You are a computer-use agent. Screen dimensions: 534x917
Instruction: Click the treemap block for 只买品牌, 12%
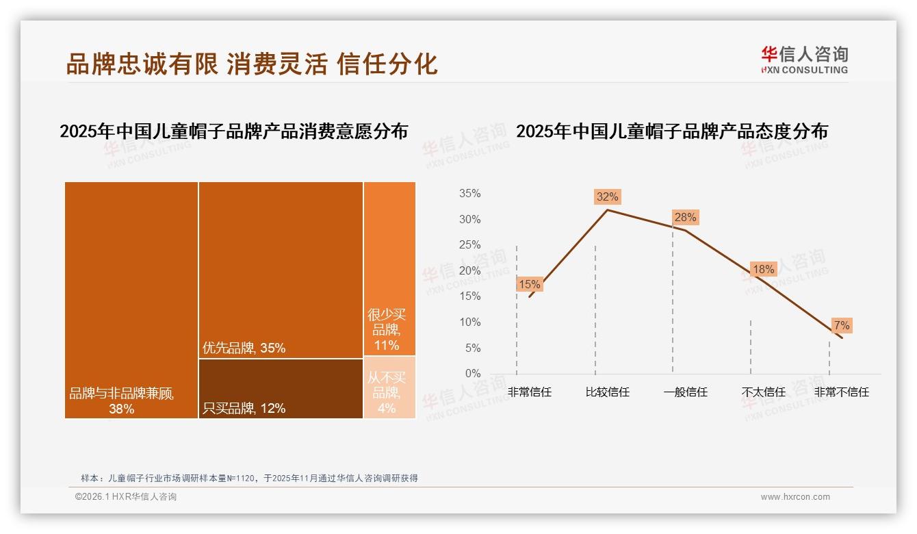(x=281, y=388)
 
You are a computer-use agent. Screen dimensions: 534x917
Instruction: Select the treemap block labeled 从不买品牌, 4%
(x=389, y=387)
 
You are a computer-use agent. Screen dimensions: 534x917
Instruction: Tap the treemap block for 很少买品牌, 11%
(x=389, y=268)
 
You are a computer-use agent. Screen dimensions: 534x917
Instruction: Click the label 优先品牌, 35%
(x=244, y=348)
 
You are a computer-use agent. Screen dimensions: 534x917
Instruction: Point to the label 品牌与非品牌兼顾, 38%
(x=122, y=401)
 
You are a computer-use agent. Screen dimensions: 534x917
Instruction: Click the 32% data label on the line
(x=607, y=197)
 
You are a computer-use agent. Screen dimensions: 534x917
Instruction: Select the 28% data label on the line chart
(x=685, y=218)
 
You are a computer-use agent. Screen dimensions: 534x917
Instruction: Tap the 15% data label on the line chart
(x=529, y=284)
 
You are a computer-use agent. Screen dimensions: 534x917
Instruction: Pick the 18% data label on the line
(x=763, y=270)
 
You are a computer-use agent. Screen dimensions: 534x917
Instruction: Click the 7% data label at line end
(x=841, y=325)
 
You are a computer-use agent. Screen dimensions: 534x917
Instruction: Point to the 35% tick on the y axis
(x=469, y=194)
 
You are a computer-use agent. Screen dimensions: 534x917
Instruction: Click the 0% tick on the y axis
(x=472, y=374)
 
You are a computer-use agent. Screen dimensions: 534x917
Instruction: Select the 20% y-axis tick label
(x=469, y=271)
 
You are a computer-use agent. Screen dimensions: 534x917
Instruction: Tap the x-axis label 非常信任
(x=529, y=392)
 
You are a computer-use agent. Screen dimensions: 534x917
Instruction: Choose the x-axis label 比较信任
(x=607, y=392)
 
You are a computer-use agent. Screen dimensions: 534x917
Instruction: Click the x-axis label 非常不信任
(x=841, y=392)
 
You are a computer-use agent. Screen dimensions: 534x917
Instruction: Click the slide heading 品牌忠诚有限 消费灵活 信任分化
(x=252, y=64)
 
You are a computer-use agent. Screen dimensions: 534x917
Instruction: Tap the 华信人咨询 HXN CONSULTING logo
(x=804, y=60)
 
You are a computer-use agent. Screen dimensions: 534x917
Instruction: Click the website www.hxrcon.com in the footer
(x=795, y=497)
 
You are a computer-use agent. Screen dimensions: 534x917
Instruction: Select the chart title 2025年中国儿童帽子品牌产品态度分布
(x=671, y=131)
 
